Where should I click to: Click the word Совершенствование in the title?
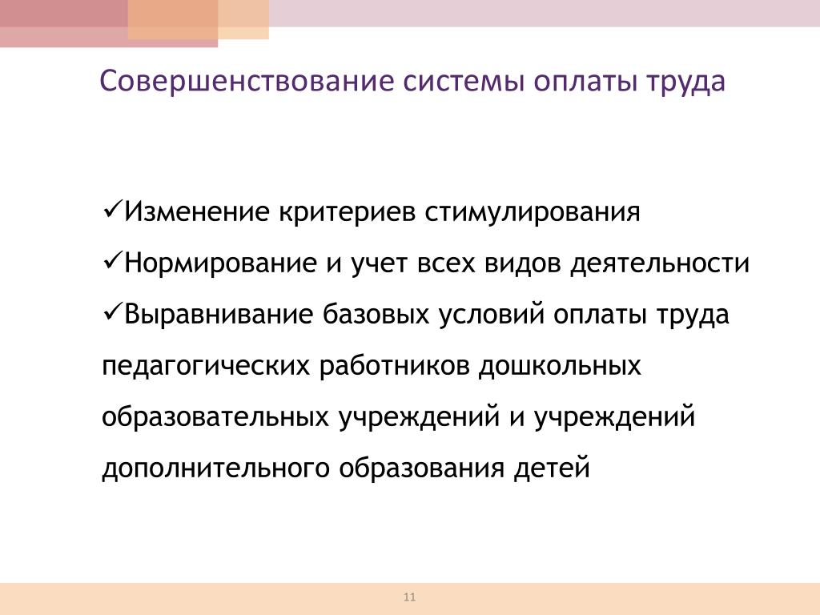[247, 81]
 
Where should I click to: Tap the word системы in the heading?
[464, 82]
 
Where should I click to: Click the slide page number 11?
[409, 597]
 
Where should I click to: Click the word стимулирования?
[532, 213]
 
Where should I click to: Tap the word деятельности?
[660, 263]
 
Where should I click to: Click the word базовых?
[376, 314]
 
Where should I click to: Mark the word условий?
[492, 314]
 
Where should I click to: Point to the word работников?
[394, 365]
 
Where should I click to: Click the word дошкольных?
[560, 365]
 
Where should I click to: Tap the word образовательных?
[215, 416]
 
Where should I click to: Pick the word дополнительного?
[215, 468]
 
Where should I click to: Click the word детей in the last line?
[551, 468]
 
